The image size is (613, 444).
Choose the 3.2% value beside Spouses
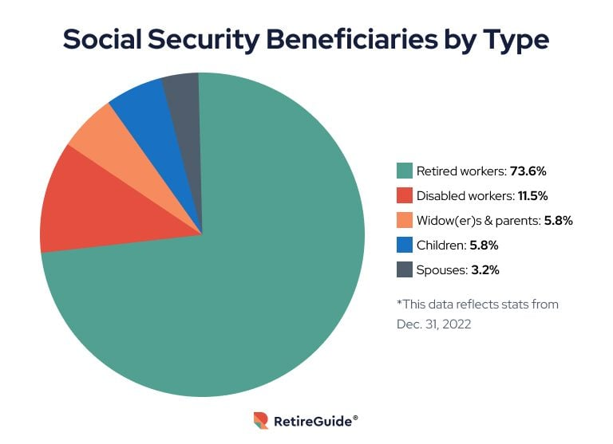coord(484,270)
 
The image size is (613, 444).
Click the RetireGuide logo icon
coord(260,420)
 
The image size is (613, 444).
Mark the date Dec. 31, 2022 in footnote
coord(435,324)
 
